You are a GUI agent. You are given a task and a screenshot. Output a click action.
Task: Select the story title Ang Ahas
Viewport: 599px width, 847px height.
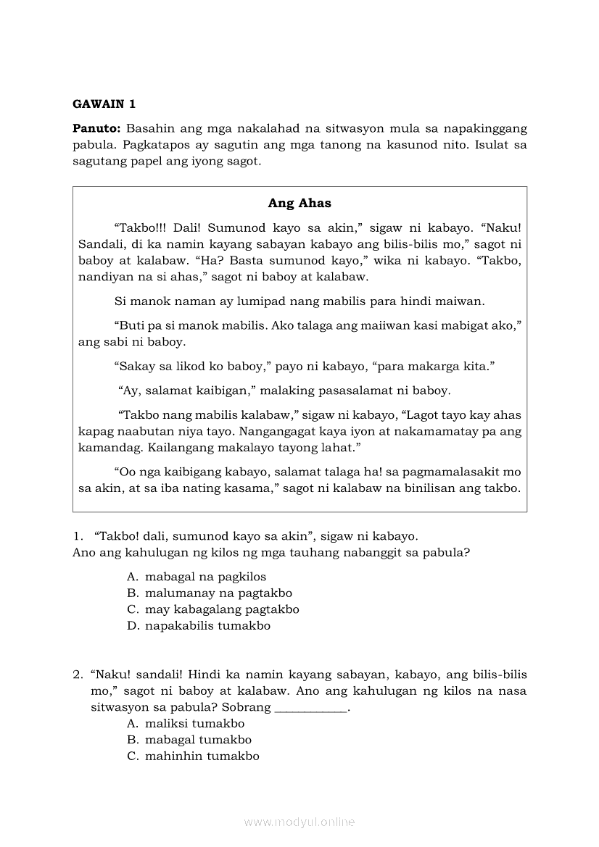pyautogui.click(x=299, y=203)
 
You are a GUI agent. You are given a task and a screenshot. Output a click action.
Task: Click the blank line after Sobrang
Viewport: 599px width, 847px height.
pyautogui.click(x=312, y=708)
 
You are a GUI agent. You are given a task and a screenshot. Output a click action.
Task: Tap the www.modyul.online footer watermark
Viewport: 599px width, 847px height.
pyautogui.click(x=299, y=822)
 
